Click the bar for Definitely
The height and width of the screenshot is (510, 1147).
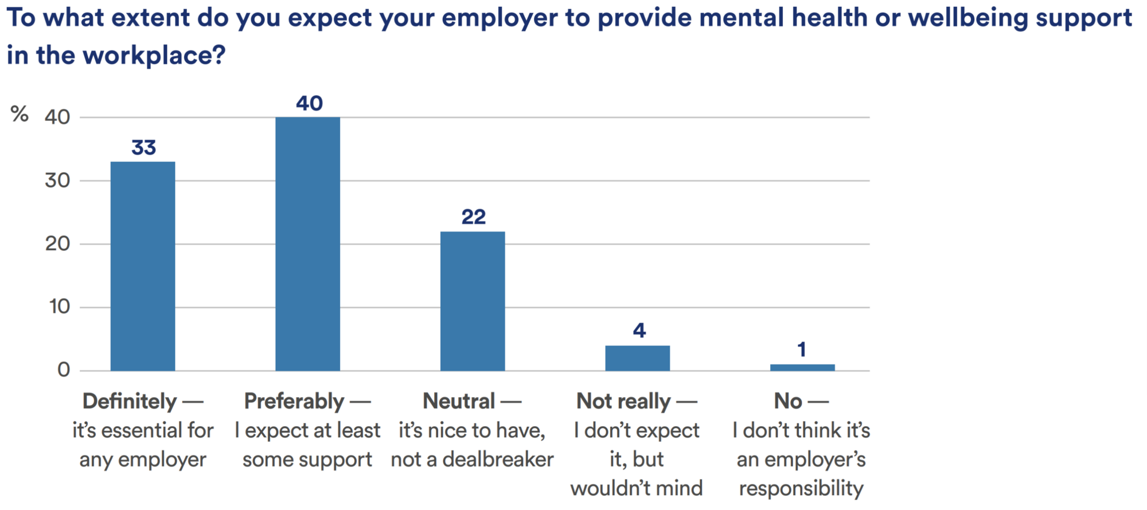click(x=143, y=266)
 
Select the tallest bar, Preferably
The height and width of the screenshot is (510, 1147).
click(x=307, y=244)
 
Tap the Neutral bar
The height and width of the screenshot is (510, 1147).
click(x=473, y=301)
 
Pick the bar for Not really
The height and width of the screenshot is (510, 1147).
click(x=637, y=358)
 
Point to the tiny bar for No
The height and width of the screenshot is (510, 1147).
click(x=802, y=367)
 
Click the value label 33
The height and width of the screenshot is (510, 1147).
click(x=143, y=148)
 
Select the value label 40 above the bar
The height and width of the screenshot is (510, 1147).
click(x=309, y=103)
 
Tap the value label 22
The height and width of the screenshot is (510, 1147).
click(x=473, y=217)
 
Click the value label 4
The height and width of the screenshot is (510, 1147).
click(x=639, y=330)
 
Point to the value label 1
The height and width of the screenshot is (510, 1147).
click(x=802, y=350)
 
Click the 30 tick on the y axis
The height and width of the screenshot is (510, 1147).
click(x=57, y=181)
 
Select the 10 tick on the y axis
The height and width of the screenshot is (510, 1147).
click(x=59, y=307)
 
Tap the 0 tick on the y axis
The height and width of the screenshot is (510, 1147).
click(x=64, y=370)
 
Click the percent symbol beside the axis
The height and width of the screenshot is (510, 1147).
click(x=19, y=114)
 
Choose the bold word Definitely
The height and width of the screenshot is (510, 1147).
click(x=130, y=401)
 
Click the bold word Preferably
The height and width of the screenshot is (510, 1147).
click(x=294, y=401)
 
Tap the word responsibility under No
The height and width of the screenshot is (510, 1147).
click(x=801, y=488)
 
